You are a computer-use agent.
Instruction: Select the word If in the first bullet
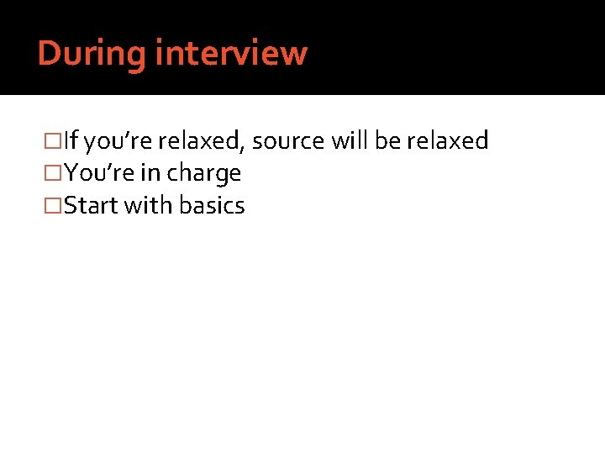pos(73,141)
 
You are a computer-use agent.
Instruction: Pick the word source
pos(287,141)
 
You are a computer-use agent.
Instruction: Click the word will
pos(350,140)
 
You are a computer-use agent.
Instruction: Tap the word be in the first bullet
pos(387,140)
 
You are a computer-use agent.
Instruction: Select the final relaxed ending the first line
pos(447,140)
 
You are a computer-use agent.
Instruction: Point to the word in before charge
pos(151,173)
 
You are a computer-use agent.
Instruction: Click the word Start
pos(91,205)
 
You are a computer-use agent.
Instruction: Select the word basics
pos(210,205)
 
